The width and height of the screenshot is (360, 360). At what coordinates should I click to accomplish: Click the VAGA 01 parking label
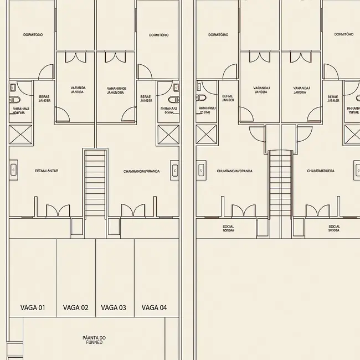(x=32, y=308)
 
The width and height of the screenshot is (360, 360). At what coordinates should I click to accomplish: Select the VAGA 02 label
(x=76, y=308)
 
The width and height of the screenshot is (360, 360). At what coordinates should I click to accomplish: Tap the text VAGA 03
(x=114, y=308)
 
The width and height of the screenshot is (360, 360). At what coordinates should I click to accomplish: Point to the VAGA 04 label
(x=154, y=308)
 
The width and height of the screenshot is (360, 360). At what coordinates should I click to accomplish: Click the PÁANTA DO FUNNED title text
(x=94, y=340)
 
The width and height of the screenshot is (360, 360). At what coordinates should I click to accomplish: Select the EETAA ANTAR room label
(x=47, y=171)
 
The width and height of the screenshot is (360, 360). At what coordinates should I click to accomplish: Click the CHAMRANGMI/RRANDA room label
(x=142, y=172)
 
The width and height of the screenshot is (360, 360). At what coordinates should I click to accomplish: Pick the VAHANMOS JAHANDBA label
(x=117, y=90)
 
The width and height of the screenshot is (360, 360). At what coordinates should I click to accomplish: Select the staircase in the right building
(x=280, y=186)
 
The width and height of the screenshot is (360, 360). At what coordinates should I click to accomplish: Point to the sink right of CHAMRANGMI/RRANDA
(x=174, y=171)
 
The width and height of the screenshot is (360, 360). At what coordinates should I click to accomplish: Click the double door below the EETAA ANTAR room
(x=58, y=210)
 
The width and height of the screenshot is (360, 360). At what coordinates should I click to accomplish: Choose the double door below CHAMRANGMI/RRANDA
(x=133, y=210)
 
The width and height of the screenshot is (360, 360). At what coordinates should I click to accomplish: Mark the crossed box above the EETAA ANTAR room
(x=21, y=135)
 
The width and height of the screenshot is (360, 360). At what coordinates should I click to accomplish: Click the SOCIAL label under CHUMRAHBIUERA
(x=335, y=228)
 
